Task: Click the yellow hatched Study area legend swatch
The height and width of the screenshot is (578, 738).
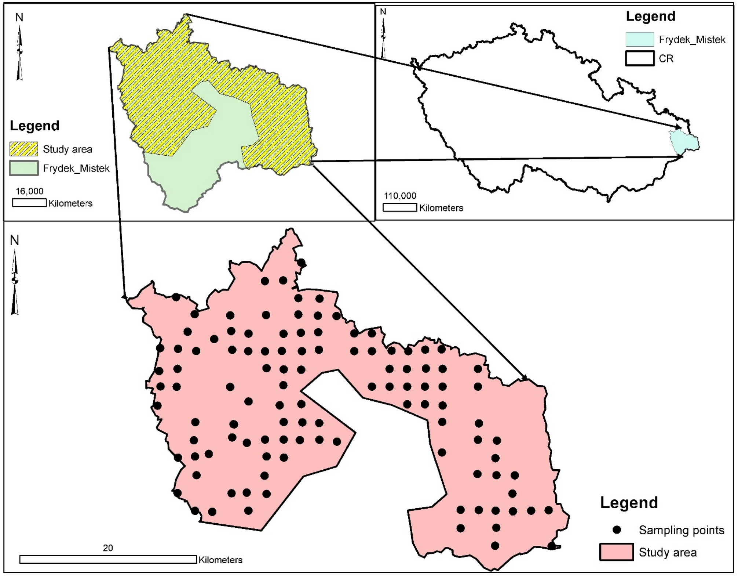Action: (24, 149)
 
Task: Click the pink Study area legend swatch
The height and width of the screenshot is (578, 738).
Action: (616, 552)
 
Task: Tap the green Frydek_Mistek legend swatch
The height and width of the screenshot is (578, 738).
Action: (24, 168)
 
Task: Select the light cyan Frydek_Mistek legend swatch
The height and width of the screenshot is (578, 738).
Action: (639, 39)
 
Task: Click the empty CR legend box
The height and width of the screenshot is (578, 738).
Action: (639, 58)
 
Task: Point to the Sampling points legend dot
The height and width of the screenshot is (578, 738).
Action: (617, 530)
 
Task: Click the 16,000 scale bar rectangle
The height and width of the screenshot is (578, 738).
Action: (29, 203)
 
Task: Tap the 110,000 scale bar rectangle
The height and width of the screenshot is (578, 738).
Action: (400, 207)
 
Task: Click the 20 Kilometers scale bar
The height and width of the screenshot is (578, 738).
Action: (108, 559)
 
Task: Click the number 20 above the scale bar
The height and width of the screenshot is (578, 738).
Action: (108, 548)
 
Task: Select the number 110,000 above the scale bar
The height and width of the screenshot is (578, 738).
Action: (400, 196)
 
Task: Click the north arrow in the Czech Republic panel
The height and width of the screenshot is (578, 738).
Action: (383, 35)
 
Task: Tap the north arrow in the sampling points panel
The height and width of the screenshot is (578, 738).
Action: (15, 281)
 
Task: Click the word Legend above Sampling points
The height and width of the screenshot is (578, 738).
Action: (629, 503)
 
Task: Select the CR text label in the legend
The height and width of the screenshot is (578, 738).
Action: (666, 59)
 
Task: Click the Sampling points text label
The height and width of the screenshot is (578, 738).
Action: (682, 530)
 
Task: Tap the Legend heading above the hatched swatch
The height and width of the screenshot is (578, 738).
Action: (34, 126)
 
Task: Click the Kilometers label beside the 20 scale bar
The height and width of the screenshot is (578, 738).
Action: (220, 560)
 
